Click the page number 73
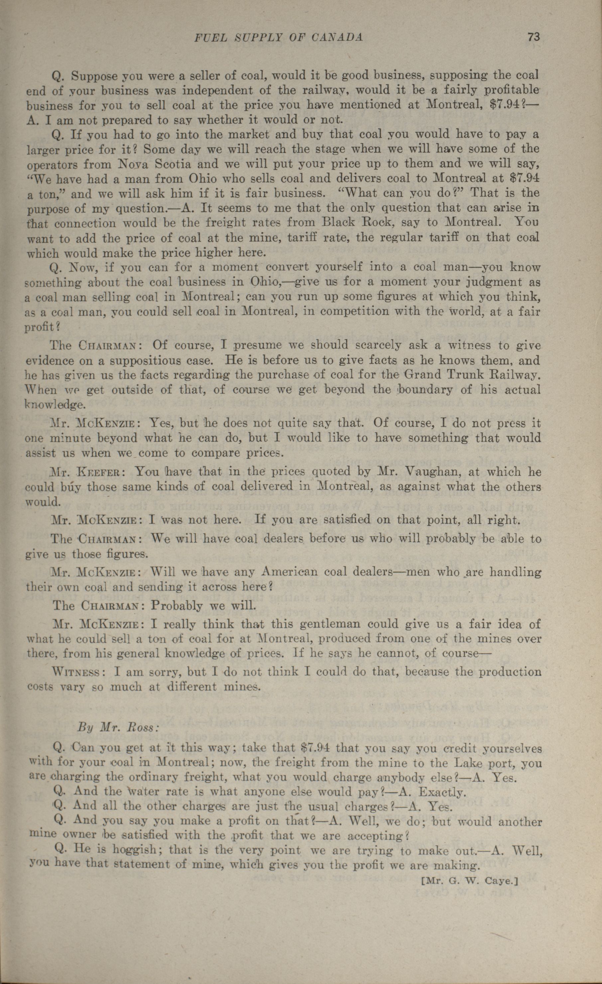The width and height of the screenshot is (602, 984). click(x=534, y=37)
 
